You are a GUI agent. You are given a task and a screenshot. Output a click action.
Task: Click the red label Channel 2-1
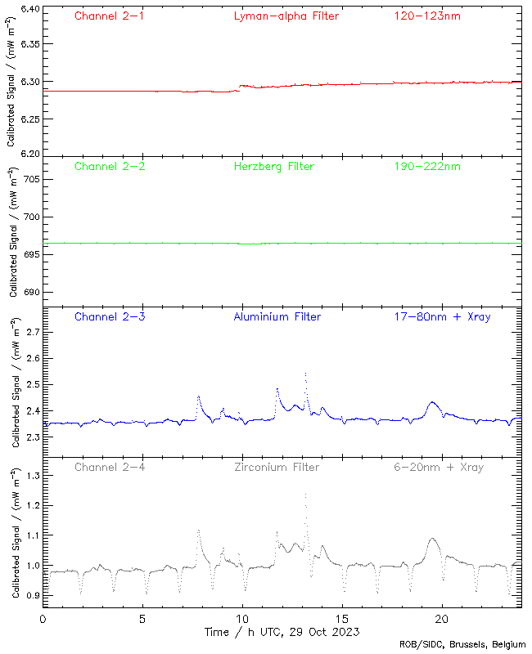point(110,16)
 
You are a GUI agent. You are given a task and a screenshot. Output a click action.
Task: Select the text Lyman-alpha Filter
point(286,16)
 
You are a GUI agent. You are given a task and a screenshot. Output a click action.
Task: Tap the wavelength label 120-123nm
point(426,16)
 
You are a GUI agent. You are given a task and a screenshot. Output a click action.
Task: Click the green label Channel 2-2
point(110,166)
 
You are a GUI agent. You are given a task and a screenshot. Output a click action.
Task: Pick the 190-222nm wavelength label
point(426,166)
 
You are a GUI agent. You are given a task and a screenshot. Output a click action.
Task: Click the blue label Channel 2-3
point(110,316)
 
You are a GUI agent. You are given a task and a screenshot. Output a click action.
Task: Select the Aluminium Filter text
point(277,316)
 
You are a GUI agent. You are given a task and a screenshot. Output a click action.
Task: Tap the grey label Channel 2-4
point(110,467)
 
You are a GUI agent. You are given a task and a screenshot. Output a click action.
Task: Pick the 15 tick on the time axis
point(342,618)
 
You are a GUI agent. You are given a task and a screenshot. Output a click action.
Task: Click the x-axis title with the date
point(281,632)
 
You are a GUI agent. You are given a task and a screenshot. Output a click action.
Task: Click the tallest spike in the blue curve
point(305,374)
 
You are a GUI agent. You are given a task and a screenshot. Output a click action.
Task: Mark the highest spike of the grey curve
point(305,494)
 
